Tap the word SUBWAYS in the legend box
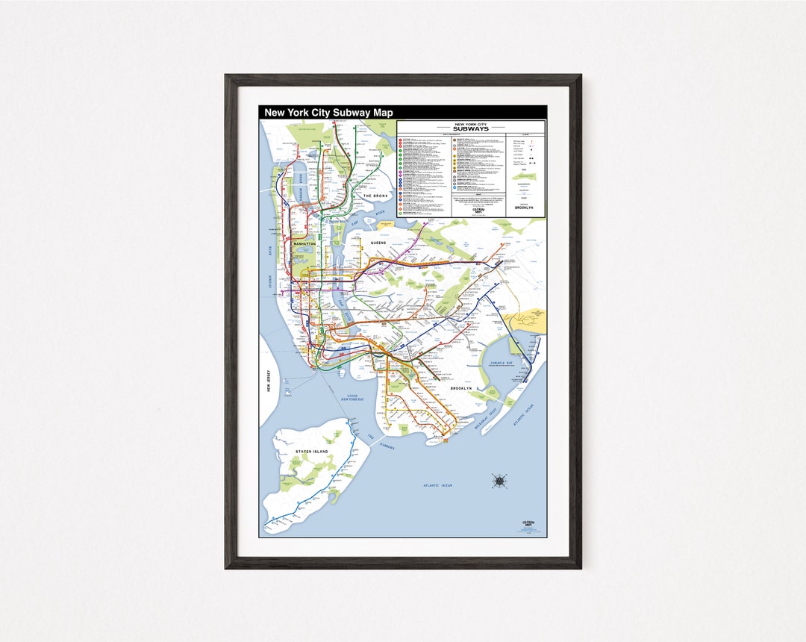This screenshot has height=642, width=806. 471,128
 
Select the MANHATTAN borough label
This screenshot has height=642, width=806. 304,244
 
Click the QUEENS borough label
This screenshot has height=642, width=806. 378,243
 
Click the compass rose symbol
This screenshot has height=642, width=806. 499,481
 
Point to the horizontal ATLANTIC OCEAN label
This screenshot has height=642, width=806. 437,486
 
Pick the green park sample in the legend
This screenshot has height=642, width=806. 525,176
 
